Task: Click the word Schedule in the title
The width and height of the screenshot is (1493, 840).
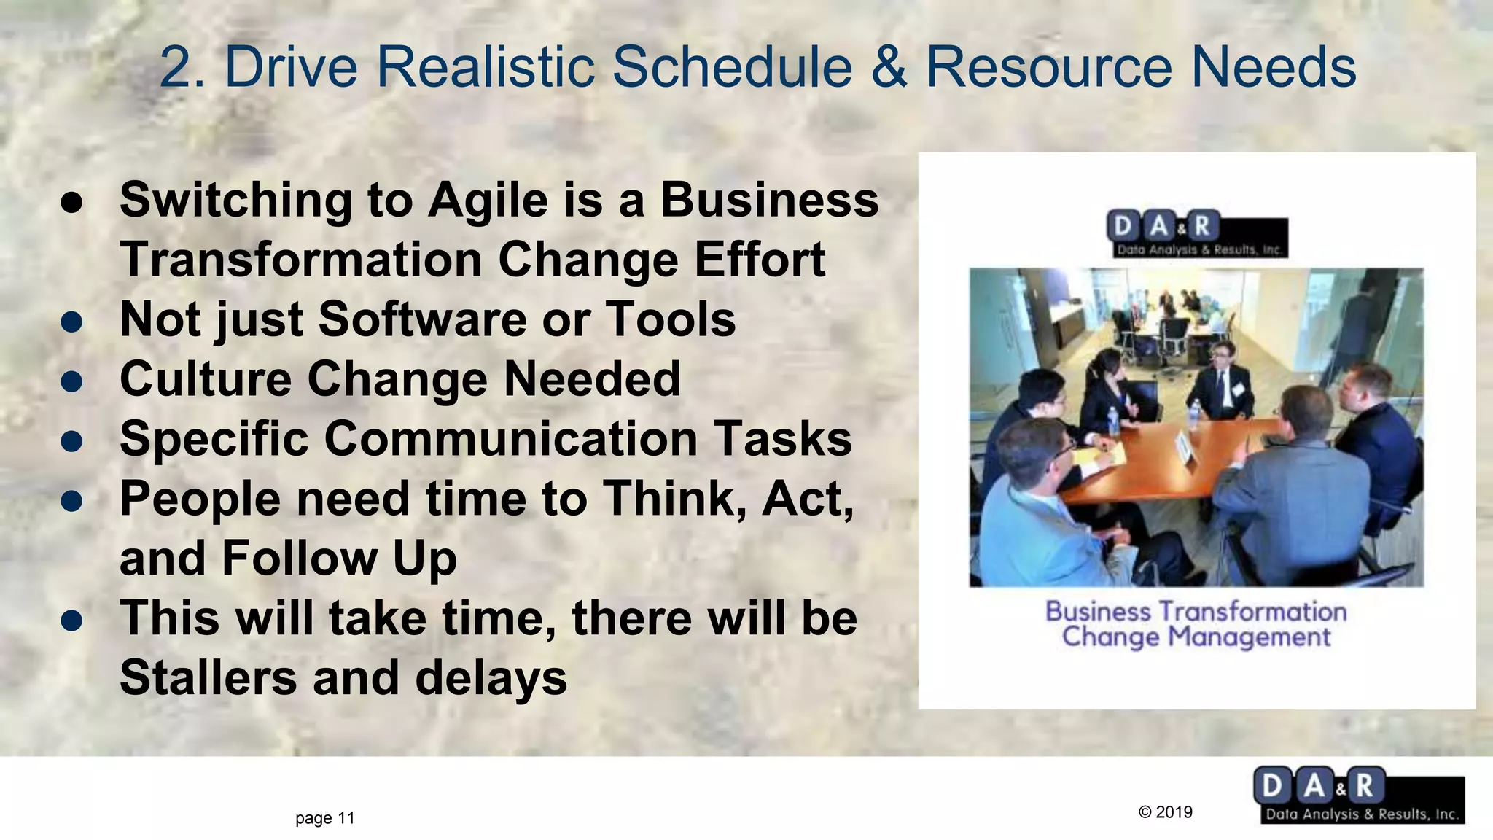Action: (x=732, y=67)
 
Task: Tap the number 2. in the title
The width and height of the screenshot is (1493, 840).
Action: (x=182, y=67)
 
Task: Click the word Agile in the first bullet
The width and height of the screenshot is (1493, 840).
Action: (x=488, y=201)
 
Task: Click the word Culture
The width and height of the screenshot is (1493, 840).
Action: (x=206, y=379)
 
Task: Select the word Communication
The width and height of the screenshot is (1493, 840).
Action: (x=510, y=439)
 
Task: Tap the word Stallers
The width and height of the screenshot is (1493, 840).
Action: (x=208, y=678)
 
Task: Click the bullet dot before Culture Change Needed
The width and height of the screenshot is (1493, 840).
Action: (x=71, y=381)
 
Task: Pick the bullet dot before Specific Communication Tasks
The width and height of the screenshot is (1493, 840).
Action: (x=71, y=440)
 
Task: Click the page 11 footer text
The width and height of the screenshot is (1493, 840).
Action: (x=325, y=818)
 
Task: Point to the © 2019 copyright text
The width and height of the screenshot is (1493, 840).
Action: (x=1165, y=812)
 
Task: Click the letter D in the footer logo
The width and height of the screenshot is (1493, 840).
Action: (x=1271, y=786)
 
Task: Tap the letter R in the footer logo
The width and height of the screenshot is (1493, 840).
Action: (x=1365, y=786)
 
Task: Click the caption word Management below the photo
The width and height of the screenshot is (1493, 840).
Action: (x=1249, y=637)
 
